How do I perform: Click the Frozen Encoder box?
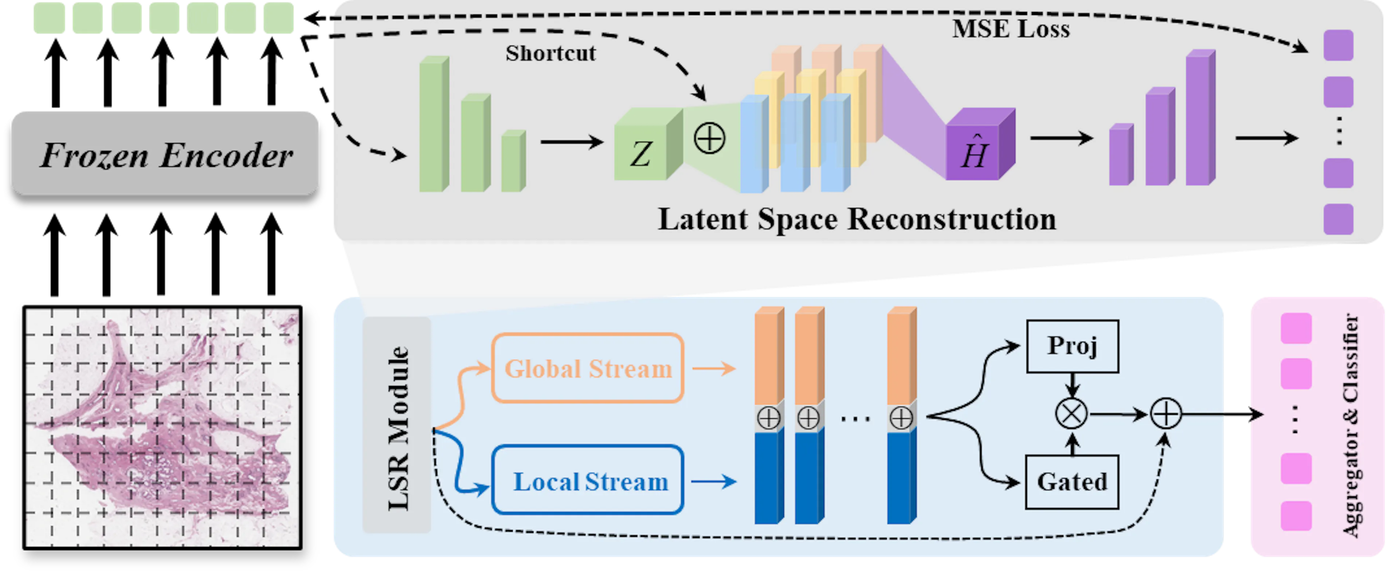click(x=165, y=154)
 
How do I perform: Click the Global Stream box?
click(x=588, y=369)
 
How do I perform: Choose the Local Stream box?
click(x=588, y=481)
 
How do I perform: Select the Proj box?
click(x=1072, y=346)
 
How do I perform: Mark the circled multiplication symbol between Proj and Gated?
click(x=1071, y=414)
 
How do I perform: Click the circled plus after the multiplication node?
click(x=1165, y=415)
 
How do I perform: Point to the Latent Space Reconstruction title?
click(x=857, y=219)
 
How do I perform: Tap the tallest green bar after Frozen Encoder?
click(x=434, y=125)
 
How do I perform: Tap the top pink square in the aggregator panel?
click(x=1296, y=328)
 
